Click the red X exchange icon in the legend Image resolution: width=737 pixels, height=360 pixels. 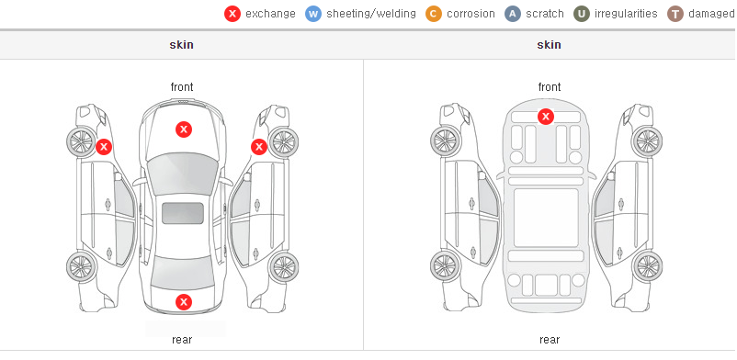click(x=232, y=14)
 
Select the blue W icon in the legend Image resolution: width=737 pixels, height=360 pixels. click(x=313, y=14)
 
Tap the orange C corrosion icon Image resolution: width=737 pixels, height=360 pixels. click(x=434, y=14)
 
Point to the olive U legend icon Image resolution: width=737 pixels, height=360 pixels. click(x=582, y=14)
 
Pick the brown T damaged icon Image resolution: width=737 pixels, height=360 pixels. click(x=675, y=14)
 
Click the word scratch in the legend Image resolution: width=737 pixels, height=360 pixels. click(x=545, y=14)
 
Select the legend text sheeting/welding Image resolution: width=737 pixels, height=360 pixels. click(x=371, y=14)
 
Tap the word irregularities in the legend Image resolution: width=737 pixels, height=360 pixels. click(x=626, y=14)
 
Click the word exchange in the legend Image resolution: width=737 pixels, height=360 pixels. click(x=270, y=14)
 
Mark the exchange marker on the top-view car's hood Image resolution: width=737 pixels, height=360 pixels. click(x=184, y=129)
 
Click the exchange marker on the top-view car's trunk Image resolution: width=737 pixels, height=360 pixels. click(x=184, y=302)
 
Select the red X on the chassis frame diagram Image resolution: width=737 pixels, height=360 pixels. click(x=546, y=116)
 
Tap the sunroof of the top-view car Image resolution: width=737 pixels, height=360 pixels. click(x=183, y=213)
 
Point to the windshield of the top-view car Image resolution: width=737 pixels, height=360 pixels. click(x=183, y=174)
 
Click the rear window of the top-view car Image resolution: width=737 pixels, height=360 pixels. click(x=183, y=272)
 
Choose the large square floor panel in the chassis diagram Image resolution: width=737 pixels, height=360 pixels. click(x=546, y=218)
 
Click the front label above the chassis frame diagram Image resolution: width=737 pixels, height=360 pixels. click(x=550, y=87)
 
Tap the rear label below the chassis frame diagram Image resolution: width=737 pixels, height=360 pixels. click(x=550, y=340)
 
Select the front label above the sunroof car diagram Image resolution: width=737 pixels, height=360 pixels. click(x=182, y=87)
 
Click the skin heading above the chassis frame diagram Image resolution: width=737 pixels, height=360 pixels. click(x=549, y=45)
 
